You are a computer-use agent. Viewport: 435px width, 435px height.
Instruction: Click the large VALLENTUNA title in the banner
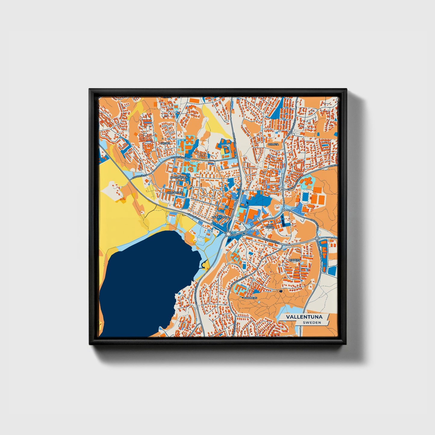(304, 317)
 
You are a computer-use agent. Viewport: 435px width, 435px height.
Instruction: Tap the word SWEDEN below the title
(312, 323)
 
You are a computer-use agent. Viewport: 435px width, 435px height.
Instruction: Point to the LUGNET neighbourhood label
(166, 143)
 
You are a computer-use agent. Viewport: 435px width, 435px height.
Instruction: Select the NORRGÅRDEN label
(179, 178)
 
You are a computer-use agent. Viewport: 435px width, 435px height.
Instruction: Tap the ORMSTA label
(273, 144)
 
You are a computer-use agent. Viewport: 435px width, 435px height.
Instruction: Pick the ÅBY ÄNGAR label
(270, 226)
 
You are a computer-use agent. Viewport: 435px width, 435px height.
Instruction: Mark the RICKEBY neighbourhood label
(295, 259)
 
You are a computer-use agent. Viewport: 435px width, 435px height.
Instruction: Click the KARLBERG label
(250, 298)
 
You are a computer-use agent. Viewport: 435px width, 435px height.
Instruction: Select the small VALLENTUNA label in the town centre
(220, 217)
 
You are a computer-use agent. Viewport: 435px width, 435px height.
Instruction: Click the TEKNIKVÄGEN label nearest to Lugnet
(177, 157)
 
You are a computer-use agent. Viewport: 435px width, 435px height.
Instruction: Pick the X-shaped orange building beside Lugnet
(190, 141)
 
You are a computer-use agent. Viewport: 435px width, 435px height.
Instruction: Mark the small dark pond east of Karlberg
(281, 291)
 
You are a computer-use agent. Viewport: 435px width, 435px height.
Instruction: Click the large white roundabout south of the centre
(228, 234)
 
